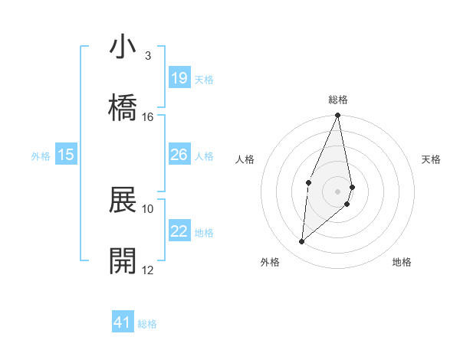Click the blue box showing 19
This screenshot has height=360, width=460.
coord(179,78)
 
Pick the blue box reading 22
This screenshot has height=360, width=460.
coord(179,232)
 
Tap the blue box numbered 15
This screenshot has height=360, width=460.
coord(66,155)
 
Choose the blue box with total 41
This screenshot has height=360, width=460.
coord(123,323)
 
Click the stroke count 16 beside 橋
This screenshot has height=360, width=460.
coord(148,116)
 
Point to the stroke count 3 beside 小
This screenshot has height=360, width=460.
coord(148,55)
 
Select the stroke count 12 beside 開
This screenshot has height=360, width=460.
coord(148,270)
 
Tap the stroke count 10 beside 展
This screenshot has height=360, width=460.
coord(148,208)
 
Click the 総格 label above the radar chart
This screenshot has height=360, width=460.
coord(338,100)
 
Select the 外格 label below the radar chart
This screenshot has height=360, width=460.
coord(270,262)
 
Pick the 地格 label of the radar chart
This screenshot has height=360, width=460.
coord(402,262)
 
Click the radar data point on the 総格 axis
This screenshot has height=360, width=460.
coord(338,116)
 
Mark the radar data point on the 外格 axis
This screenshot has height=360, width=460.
coord(302,242)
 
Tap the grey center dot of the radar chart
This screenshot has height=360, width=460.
coord(338,191)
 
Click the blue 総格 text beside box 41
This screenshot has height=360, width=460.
coord(147,324)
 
